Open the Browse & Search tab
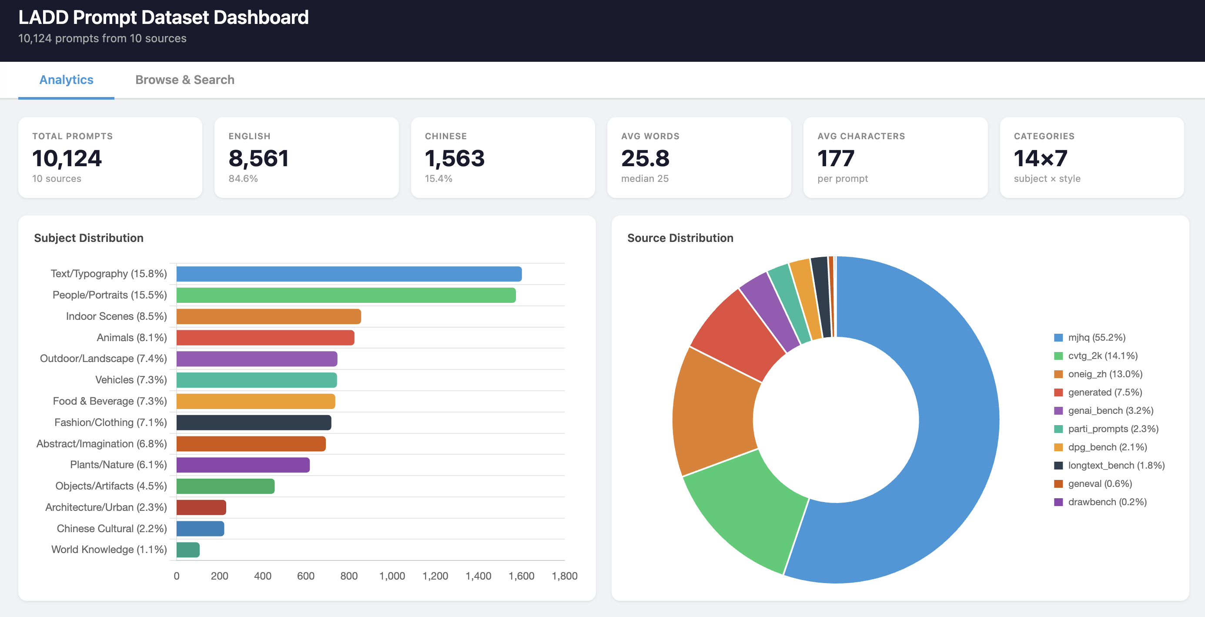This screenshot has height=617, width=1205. coord(185,80)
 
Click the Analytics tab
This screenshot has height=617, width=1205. coord(67,80)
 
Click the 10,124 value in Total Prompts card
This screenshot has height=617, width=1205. coord(67,158)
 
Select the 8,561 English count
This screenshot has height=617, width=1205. coord(258,158)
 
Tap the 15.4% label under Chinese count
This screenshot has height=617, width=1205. coord(438,179)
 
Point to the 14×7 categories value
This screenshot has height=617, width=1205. coord(1040,158)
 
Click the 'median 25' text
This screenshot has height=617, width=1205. coord(645,179)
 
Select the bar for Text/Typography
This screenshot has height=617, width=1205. coord(348,274)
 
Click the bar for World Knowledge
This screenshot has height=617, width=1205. coord(188,550)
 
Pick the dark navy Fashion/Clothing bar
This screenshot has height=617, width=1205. coord(254,423)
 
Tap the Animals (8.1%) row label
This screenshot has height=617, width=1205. coord(131,337)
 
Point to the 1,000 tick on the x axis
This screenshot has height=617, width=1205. coord(392,576)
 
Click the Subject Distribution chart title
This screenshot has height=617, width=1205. coord(89,238)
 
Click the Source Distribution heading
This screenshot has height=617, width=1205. coord(680,238)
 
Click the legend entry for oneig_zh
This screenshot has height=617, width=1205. coord(1104,374)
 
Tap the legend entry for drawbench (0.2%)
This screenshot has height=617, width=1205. coord(1106,502)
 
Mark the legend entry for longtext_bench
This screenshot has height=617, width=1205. coord(1116,466)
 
